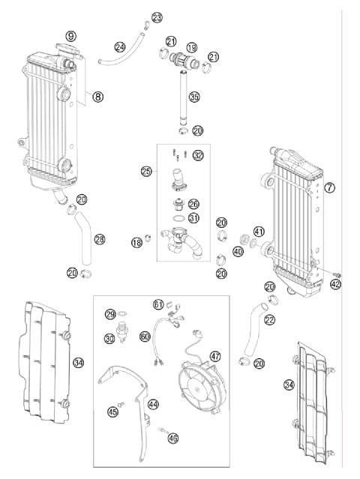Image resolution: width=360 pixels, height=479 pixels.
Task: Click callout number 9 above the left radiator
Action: pyautogui.click(x=71, y=35)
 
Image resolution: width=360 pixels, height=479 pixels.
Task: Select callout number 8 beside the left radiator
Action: pyautogui.click(x=98, y=96)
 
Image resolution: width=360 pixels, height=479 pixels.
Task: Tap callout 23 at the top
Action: pyautogui.click(x=156, y=17)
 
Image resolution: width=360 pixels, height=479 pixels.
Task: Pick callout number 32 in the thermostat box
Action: pyautogui.click(x=198, y=155)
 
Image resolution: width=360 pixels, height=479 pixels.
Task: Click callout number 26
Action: pyautogui.click(x=193, y=204)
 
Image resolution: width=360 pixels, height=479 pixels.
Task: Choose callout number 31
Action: pyautogui.click(x=193, y=218)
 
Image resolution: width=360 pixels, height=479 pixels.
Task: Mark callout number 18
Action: pyautogui.click(x=136, y=241)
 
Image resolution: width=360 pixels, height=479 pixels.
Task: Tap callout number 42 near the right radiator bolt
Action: pyautogui.click(x=335, y=284)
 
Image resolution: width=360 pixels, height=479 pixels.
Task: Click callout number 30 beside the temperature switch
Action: pyautogui.click(x=110, y=339)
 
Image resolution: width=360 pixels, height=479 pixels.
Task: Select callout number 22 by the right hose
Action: pyautogui.click(x=269, y=320)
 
